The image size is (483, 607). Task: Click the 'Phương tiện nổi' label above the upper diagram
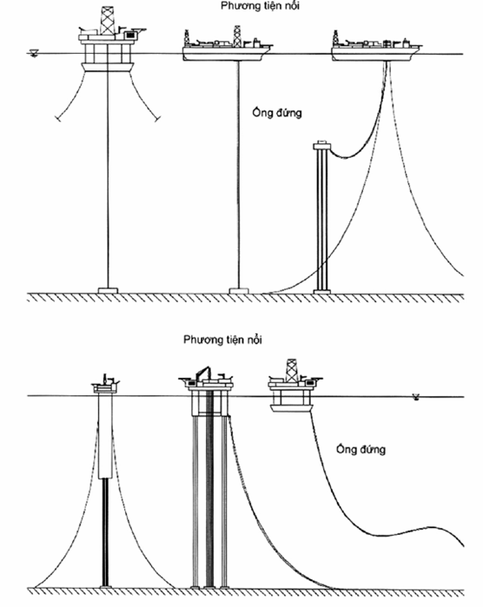[x=260, y=6]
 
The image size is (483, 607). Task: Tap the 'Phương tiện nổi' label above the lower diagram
[x=222, y=340]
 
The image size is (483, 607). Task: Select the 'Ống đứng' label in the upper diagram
[x=276, y=113]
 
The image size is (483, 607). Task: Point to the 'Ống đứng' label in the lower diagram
[x=361, y=449]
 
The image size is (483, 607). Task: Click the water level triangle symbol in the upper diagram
[x=34, y=54]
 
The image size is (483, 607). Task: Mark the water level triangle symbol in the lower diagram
[x=416, y=397]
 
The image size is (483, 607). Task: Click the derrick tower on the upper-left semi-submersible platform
[x=108, y=21]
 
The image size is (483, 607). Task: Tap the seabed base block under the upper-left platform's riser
[x=108, y=290]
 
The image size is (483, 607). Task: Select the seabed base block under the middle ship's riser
[x=239, y=291]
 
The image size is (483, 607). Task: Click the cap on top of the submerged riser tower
[x=322, y=146]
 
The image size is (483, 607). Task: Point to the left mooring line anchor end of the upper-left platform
[x=58, y=119]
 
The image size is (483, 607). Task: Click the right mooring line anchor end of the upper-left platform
[x=157, y=119]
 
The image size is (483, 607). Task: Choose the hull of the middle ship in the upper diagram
[x=226, y=54]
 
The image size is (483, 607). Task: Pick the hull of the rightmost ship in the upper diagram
[x=375, y=54]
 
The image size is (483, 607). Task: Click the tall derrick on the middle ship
[x=237, y=36]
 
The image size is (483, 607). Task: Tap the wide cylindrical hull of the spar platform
[x=105, y=436]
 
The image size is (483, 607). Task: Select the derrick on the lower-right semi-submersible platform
[x=292, y=371]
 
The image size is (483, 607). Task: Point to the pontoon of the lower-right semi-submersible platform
[x=291, y=408]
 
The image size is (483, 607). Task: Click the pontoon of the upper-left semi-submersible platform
[x=108, y=67]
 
